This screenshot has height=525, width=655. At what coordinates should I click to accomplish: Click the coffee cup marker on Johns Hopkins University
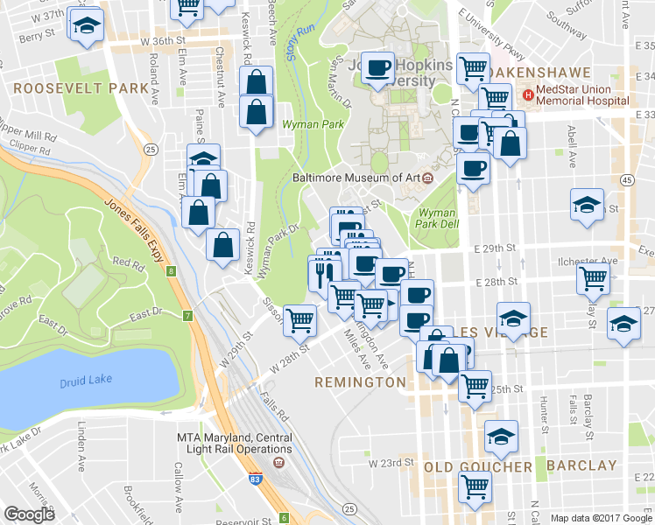point(378,68)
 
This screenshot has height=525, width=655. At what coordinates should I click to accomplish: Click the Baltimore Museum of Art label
point(356,178)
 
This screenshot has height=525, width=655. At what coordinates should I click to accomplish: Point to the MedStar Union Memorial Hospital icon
point(527,94)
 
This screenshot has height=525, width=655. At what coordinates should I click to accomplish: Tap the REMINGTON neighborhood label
point(362,382)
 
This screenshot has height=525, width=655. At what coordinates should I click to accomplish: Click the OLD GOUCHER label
point(478,466)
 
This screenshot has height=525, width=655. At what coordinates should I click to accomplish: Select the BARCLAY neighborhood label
point(581,465)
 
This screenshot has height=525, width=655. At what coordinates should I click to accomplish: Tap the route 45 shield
point(626,179)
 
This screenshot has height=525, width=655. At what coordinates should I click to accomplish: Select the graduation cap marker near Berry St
point(86,27)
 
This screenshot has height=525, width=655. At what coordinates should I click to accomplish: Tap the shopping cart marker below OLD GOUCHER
point(475,485)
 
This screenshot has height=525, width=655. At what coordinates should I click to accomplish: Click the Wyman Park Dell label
point(437,218)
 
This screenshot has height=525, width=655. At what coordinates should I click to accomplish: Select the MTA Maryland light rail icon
point(278,461)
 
